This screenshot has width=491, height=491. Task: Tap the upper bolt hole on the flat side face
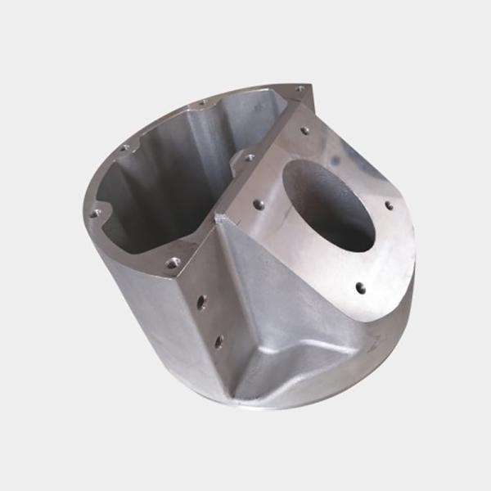point(201,302)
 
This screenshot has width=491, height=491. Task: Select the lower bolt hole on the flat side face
point(218,340)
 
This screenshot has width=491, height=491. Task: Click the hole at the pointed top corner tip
point(300,88)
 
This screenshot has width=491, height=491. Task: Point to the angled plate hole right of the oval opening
point(389,205)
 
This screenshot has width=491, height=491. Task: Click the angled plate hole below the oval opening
point(359,286)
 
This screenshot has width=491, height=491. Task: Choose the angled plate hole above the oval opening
point(304,130)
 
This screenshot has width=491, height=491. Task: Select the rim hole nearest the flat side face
point(172,263)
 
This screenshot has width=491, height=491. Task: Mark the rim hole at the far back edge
point(202,104)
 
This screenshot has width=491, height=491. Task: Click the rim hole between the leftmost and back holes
point(124,148)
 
